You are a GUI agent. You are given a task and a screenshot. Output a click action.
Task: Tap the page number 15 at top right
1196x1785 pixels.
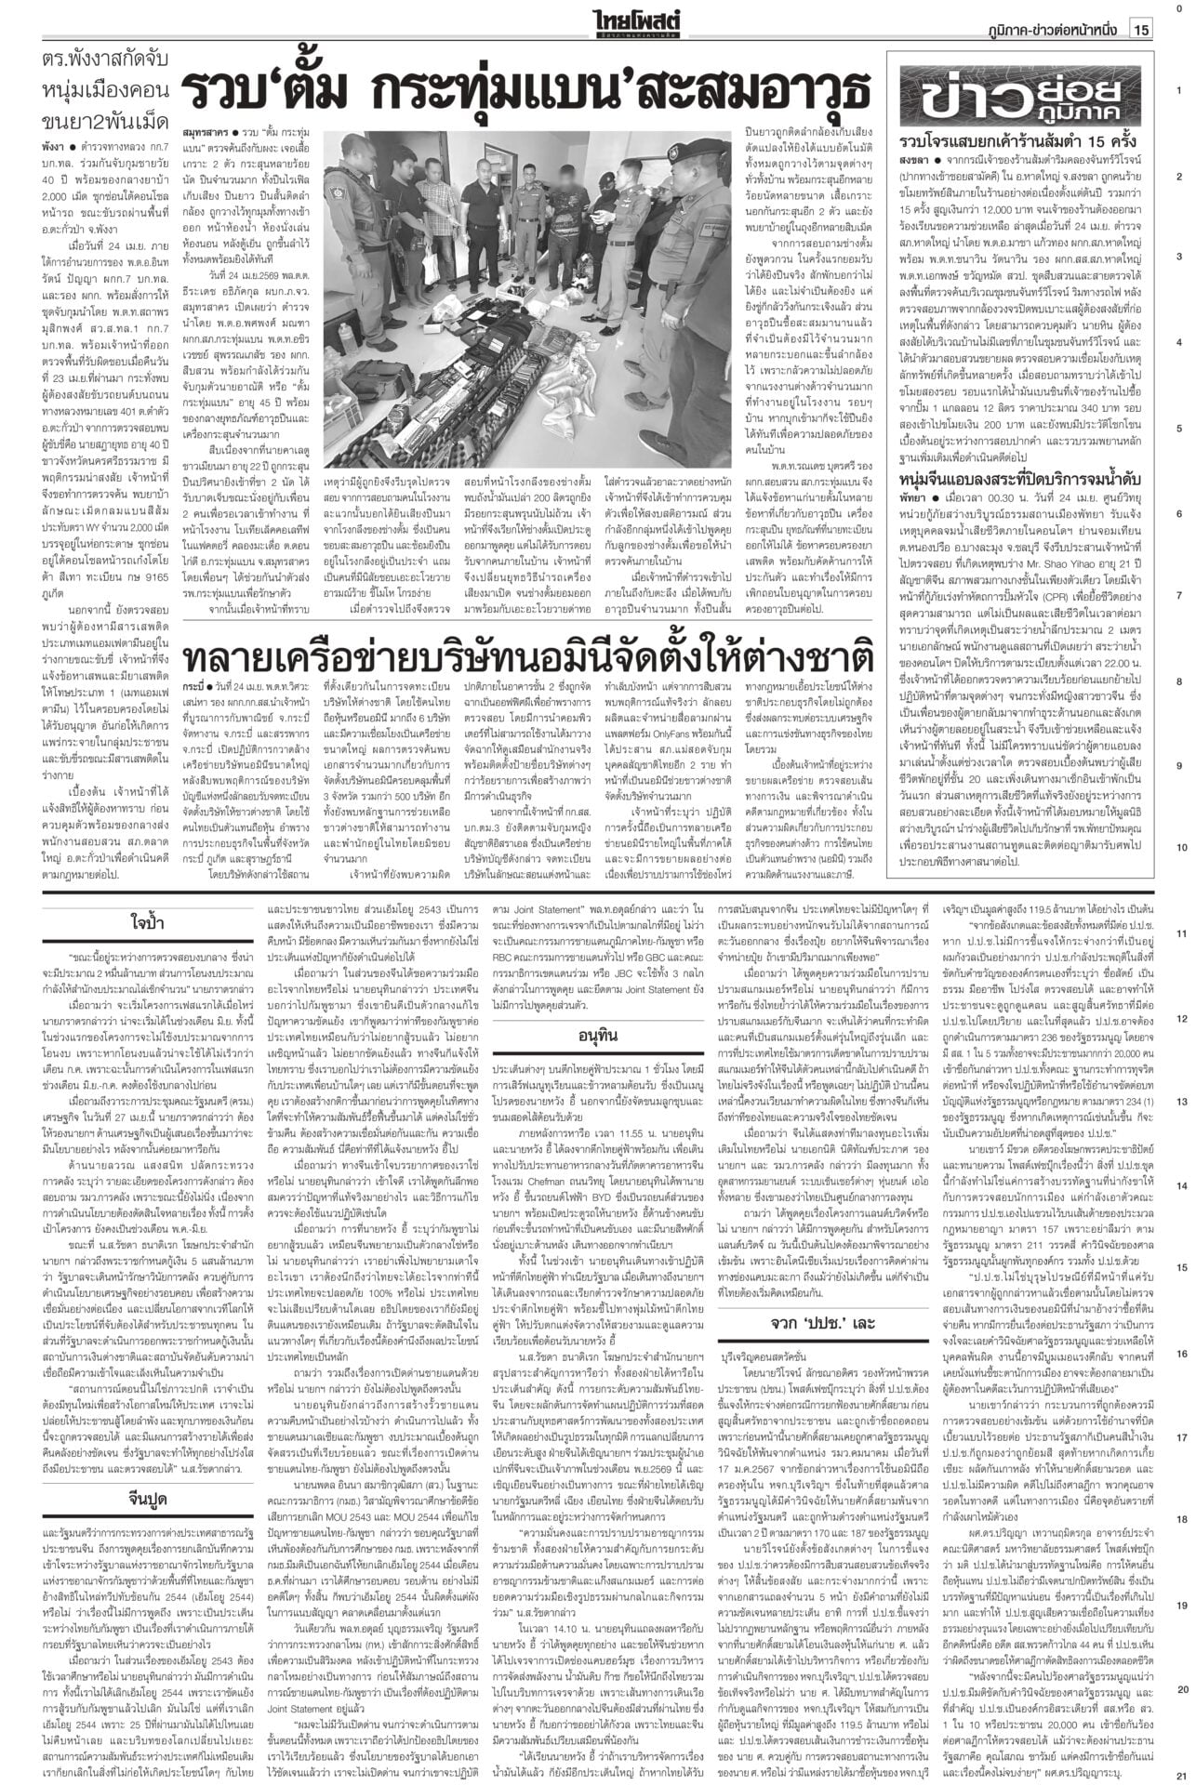click(1141, 31)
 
